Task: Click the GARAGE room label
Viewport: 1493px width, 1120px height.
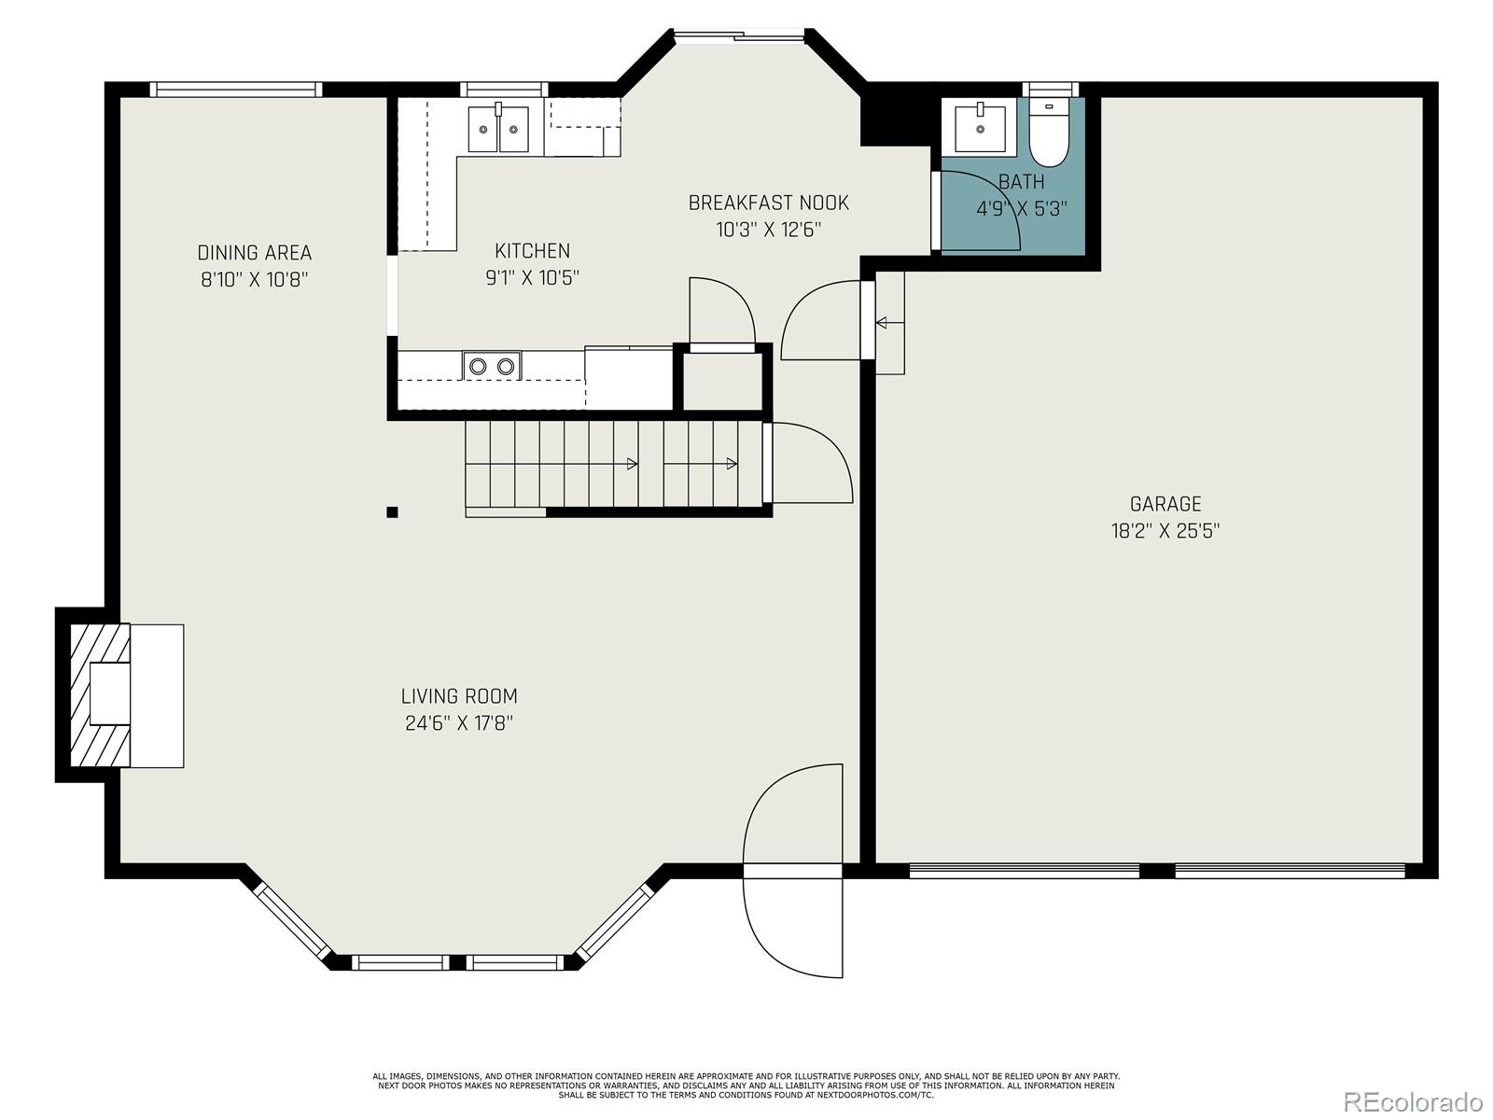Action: (1165, 504)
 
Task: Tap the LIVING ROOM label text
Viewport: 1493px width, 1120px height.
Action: (459, 696)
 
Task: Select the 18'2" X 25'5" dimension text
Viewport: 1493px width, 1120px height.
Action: (1165, 530)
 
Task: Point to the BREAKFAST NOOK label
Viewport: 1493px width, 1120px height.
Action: (769, 203)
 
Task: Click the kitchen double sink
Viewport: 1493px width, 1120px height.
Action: (499, 129)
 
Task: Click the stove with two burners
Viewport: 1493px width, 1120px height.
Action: (492, 366)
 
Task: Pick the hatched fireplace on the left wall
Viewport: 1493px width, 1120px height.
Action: (100, 695)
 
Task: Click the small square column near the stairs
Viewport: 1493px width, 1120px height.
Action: (392, 512)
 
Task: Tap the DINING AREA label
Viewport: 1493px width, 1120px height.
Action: (255, 253)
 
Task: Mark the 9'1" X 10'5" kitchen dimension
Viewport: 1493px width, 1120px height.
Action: (533, 277)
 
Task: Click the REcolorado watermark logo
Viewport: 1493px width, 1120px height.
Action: (1414, 1100)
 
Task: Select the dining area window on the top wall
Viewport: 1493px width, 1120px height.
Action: (236, 89)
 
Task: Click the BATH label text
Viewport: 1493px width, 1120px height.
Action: (1022, 182)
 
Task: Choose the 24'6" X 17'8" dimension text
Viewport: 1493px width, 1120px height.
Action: (459, 722)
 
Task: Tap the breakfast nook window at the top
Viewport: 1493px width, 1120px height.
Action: (739, 35)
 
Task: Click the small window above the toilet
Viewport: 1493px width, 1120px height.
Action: (1051, 89)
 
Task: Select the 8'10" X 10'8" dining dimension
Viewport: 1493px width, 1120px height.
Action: (255, 279)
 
